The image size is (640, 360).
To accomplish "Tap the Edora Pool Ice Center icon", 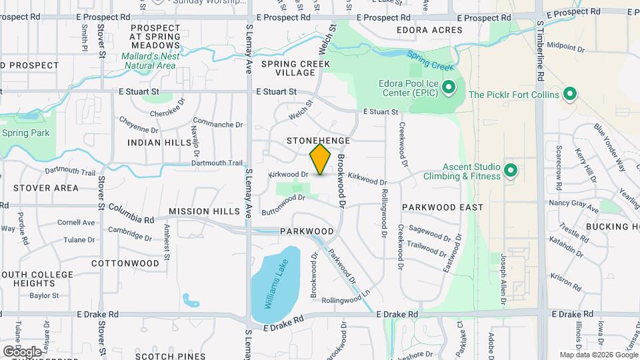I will tap(449, 87).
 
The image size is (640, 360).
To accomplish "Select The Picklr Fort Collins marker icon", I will tap(570, 94).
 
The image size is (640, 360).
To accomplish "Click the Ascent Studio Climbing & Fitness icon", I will tap(511, 170).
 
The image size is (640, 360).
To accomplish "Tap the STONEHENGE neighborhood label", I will tap(319, 141).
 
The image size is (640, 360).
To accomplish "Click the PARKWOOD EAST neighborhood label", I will tap(443, 207).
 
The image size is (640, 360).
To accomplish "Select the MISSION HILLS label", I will tap(204, 211).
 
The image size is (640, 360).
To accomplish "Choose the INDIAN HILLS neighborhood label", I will tap(159, 142).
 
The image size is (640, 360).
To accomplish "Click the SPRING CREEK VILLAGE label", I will tap(295, 68).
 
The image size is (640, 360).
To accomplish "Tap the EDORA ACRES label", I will tap(429, 31).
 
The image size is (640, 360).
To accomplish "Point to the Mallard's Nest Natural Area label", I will tap(150, 61).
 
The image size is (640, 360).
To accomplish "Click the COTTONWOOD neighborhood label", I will tap(125, 263).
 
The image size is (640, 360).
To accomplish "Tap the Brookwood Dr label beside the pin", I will tap(341, 179).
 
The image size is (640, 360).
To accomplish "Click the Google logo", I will tap(22, 351).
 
